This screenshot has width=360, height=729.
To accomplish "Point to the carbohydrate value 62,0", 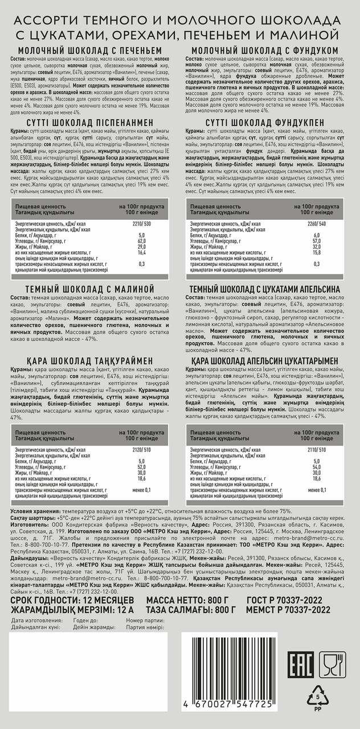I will pyautogui.click(x=141, y=241).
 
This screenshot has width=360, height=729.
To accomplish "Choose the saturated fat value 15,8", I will pyautogui.click(x=317, y=252).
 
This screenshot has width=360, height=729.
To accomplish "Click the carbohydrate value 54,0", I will pyautogui.click(x=317, y=466).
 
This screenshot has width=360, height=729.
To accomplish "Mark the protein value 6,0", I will pyautogui.click(x=317, y=235).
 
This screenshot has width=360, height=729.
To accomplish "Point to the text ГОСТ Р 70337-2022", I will pyautogui.click(x=285, y=600).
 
